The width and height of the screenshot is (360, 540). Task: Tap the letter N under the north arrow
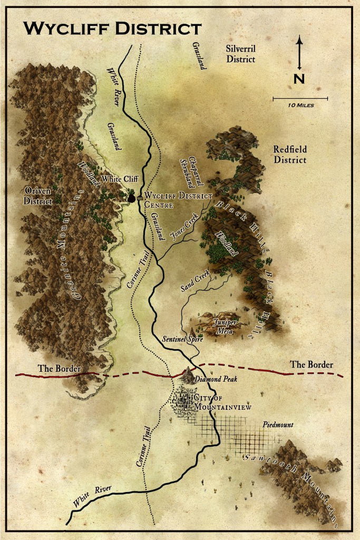pos(299,79)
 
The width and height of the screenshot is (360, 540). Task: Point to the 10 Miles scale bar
pos(300,98)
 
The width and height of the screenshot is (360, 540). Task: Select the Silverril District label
pos(240,53)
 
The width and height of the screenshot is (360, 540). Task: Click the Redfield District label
pos(289,155)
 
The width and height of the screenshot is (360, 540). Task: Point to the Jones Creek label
pos(182,228)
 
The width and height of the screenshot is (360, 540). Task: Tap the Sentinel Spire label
pos(182,340)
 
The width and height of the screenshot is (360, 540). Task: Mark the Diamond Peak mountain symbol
pos(187,374)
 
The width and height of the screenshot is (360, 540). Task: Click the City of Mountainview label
pos(216,402)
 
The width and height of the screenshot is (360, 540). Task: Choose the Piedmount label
pos(278,425)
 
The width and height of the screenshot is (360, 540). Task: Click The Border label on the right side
pos(312,364)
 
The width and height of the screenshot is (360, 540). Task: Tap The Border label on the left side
pos(59,369)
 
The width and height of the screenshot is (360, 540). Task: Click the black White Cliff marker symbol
pos(131,197)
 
